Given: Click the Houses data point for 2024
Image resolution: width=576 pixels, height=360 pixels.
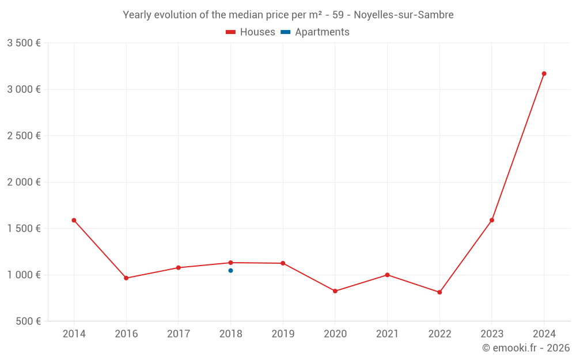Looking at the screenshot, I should pyautogui.click(x=544, y=74).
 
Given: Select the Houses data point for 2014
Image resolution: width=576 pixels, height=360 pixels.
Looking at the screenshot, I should pyautogui.click(x=74, y=220).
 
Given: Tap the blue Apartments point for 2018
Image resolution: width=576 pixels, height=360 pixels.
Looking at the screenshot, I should pyautogui.click(x=230, y=270).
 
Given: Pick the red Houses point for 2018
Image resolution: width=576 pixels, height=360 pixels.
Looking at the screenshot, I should pyautogui.click(x=230, y=263).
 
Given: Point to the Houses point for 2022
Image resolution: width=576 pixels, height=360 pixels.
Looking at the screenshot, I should pyautogui.click(x=439, y=292).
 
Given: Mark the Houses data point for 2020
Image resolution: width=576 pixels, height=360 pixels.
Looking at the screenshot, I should pyautogui.click(x=335, y=291).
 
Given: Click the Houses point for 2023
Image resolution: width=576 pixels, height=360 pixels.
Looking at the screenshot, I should pyautogui.click(x=492, y=220).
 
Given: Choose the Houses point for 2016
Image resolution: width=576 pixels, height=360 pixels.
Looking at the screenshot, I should pyautogui.click(x=126, y=278).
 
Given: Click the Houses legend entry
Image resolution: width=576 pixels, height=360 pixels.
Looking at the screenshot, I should pyautogui.click(x=251, y=32).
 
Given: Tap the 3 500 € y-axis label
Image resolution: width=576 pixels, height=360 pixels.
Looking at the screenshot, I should pyautogui.click(x=24, y=43).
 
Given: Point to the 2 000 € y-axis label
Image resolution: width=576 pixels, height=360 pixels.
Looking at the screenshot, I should pyautogui.click(x=24, y=182).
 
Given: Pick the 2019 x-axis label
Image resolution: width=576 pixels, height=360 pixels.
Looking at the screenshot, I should pyautogui.click(x=283, y=334).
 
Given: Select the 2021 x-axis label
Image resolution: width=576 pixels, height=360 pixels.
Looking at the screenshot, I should pyautogui.click(x=387, y=334).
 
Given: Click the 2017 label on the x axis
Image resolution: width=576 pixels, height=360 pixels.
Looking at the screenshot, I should pyautogui.click(x=178, y=334).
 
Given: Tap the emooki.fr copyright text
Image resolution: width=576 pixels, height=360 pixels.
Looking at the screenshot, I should pyautogui.click(x=526, y=348).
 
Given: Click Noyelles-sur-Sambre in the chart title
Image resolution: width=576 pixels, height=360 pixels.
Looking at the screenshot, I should pyautogui.click(x=403, y=15).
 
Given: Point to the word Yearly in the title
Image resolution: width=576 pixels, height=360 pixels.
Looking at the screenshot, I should pyautogui.click(x=137, y=15).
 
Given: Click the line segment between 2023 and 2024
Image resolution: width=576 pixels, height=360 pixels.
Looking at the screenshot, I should pyautogui.click(x=518, y=147).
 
